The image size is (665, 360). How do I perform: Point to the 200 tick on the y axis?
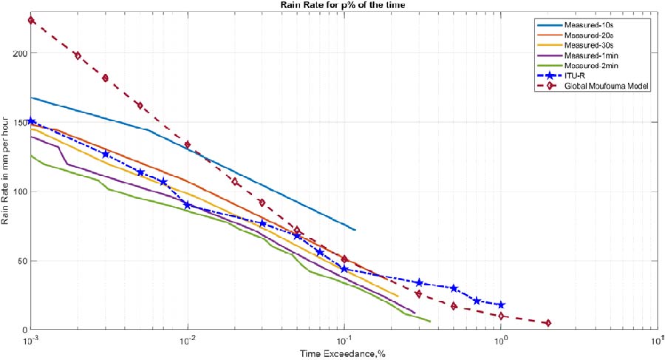coord(18,54)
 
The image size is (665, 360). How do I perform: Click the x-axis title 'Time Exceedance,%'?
coord(343,353)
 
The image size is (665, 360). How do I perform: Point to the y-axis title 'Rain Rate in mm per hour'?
coord(7,177)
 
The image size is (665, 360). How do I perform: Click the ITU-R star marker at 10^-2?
coord(188,205)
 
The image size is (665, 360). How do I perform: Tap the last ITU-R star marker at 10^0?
coord(501,305)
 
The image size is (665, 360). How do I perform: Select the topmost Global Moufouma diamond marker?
coord(31,20)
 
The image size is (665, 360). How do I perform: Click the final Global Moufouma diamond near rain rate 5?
coord(548,323)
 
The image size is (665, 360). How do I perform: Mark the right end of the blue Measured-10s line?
coord(355,230)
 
